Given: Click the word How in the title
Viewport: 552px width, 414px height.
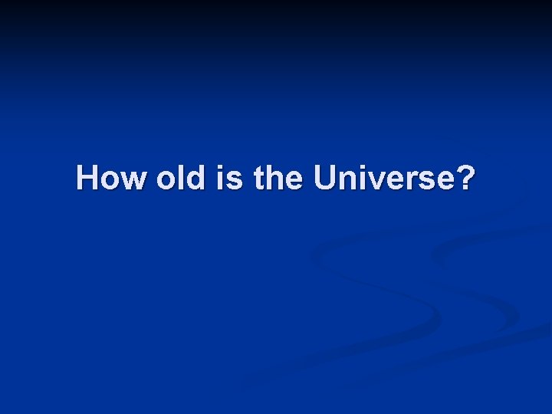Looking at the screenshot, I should (x=112, y=179).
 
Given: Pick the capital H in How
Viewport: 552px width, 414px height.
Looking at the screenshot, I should (x=88, y=179).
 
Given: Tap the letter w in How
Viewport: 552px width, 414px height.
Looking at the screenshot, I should (x=133, y=181).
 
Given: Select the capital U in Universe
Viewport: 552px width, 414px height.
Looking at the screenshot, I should (x=325, y=179).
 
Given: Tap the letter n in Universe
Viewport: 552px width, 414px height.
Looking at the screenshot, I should (x=347, y=181).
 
